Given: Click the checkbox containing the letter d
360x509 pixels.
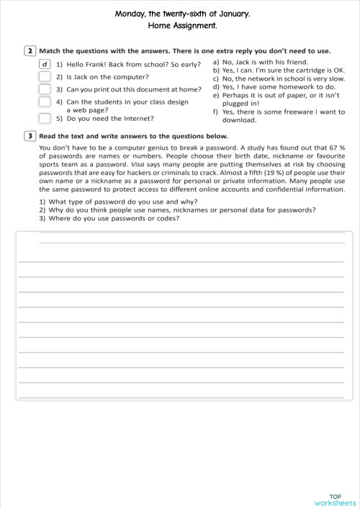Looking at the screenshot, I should point(45,64).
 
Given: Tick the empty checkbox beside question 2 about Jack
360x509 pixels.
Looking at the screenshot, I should point(45,76).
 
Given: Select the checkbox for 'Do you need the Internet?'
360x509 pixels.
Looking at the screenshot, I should point(45,117).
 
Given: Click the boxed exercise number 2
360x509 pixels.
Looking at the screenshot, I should point(30,51).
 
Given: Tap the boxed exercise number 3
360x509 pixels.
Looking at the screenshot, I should point(30,135).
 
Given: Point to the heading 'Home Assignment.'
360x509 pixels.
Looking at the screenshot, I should point(181,25).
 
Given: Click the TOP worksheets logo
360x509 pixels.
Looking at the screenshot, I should point(335,499).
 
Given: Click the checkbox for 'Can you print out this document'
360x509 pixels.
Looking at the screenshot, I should point(45,90).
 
